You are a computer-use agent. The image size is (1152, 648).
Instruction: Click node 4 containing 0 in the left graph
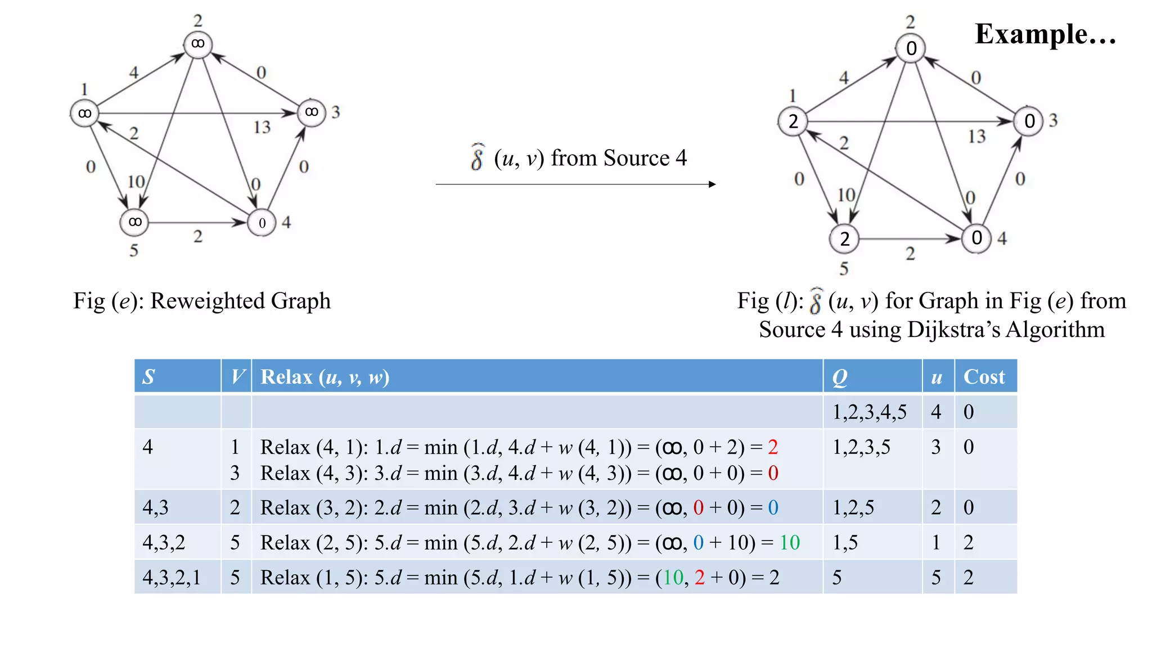[x=262, y=223]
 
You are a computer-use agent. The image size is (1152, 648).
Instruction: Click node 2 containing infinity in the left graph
[x=197, y=44]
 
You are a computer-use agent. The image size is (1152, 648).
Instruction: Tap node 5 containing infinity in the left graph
[x=134, y=222]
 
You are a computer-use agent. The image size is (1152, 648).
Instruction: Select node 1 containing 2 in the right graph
[x=793, y=121]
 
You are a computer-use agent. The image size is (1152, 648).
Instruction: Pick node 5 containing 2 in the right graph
[x=844, y=239]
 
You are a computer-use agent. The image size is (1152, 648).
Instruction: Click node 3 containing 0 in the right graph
[x=1029, y=121]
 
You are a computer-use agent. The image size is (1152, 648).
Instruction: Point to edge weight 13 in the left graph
[x=262, y=127]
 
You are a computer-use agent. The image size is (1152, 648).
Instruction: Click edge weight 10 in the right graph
[x=846, y=195]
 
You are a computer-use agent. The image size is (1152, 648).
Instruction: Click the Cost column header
[x=984, y=377]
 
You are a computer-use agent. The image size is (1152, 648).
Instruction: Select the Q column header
[x=840, y=377]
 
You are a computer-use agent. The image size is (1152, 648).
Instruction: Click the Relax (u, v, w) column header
[x=325, y=377]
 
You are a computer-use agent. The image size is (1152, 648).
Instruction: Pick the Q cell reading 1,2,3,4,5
[x=870, y=412]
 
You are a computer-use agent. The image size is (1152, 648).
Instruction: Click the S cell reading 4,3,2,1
[x=172, y=578]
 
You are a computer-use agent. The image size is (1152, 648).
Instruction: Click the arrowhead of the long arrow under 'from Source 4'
[x=712, y=184]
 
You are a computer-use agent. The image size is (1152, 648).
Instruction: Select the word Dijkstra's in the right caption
[x=954, y=330]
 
